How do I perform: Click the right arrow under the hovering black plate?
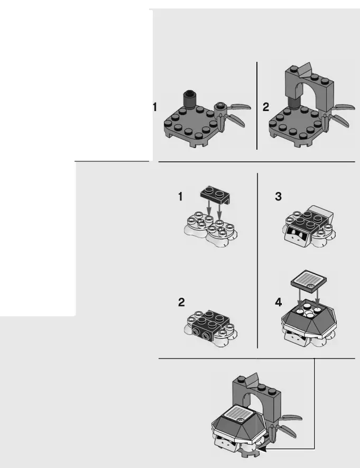[220, 210]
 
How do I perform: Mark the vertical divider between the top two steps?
[257, 105]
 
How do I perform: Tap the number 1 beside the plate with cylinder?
[155, 107]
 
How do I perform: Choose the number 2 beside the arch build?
[265, 107]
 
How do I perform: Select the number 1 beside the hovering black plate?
[181, 197]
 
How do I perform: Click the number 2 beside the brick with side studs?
[181, 303]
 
